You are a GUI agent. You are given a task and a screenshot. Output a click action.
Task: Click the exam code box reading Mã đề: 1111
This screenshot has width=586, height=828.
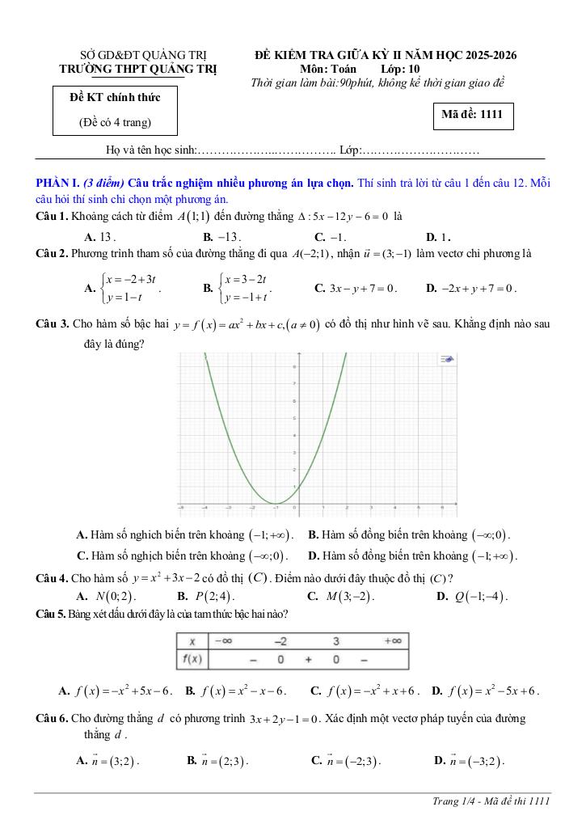(x=472, y=115)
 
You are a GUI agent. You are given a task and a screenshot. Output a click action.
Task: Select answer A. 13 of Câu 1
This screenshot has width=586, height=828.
(x=100, y=237)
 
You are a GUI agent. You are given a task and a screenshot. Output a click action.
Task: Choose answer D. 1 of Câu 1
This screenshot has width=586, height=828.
(x=437, y=237)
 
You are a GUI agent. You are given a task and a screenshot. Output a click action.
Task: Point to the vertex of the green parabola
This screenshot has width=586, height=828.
(x=276, y=502)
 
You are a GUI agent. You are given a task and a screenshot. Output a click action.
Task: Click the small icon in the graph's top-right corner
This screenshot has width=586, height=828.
(x=445, y=360)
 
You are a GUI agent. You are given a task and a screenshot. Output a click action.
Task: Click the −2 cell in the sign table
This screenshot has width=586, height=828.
(x=280, y=640)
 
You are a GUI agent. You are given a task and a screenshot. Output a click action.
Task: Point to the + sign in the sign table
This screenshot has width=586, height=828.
(x=308, y=660)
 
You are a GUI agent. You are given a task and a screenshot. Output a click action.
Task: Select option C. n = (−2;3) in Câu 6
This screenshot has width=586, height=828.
(x=346, y=761)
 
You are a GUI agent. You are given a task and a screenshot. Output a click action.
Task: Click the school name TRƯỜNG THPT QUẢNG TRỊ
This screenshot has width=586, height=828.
(x=138, y=70)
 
